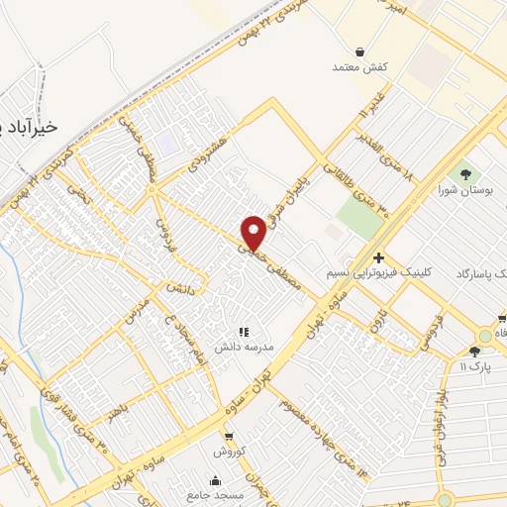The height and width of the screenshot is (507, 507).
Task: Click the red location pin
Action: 254,233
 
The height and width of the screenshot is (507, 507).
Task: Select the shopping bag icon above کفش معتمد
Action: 359,51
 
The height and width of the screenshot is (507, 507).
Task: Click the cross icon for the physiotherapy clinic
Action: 378,257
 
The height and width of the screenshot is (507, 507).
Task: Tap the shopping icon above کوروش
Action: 229,436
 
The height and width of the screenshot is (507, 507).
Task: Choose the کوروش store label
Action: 229,452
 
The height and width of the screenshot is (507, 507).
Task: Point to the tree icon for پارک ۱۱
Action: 475,352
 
